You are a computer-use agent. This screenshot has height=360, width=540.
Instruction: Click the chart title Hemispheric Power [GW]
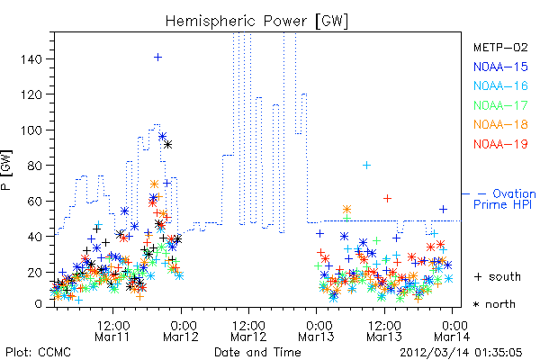click(256, 22)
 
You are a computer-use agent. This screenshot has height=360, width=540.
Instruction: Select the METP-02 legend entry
click(500, 47)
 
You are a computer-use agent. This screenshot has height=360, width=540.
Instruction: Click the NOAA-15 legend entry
click(500, 67)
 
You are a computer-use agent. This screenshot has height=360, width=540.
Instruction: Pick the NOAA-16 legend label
click(500, 85)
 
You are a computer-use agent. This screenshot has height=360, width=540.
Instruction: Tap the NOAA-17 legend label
click(500, 105)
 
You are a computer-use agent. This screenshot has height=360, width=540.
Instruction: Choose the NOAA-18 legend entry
click(500, 124)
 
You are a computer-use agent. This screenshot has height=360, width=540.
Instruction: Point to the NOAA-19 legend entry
click(500, 144)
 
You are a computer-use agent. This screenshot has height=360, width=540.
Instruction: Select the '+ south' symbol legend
click(498, 276)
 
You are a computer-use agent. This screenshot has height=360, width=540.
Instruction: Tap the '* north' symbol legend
click(494, 304)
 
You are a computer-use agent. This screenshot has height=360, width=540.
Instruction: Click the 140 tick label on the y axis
click(31, 59)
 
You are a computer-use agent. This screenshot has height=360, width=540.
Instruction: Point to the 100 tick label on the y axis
click(31, 130)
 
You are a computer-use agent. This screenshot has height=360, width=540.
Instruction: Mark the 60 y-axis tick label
click(35, 202)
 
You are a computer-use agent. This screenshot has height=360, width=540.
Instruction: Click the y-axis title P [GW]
click(6, 170)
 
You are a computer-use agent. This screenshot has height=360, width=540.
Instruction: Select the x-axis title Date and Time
click(257, 353)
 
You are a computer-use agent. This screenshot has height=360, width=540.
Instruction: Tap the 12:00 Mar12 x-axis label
click(248, 331)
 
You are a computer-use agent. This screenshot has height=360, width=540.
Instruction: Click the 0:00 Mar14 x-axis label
click(452, 331)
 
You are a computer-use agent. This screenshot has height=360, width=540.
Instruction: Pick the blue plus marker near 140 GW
click(157, 58)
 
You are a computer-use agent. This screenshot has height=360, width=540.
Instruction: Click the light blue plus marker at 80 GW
click(367, 166)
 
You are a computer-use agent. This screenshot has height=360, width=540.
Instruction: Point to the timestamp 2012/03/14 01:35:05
click(461, 353)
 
